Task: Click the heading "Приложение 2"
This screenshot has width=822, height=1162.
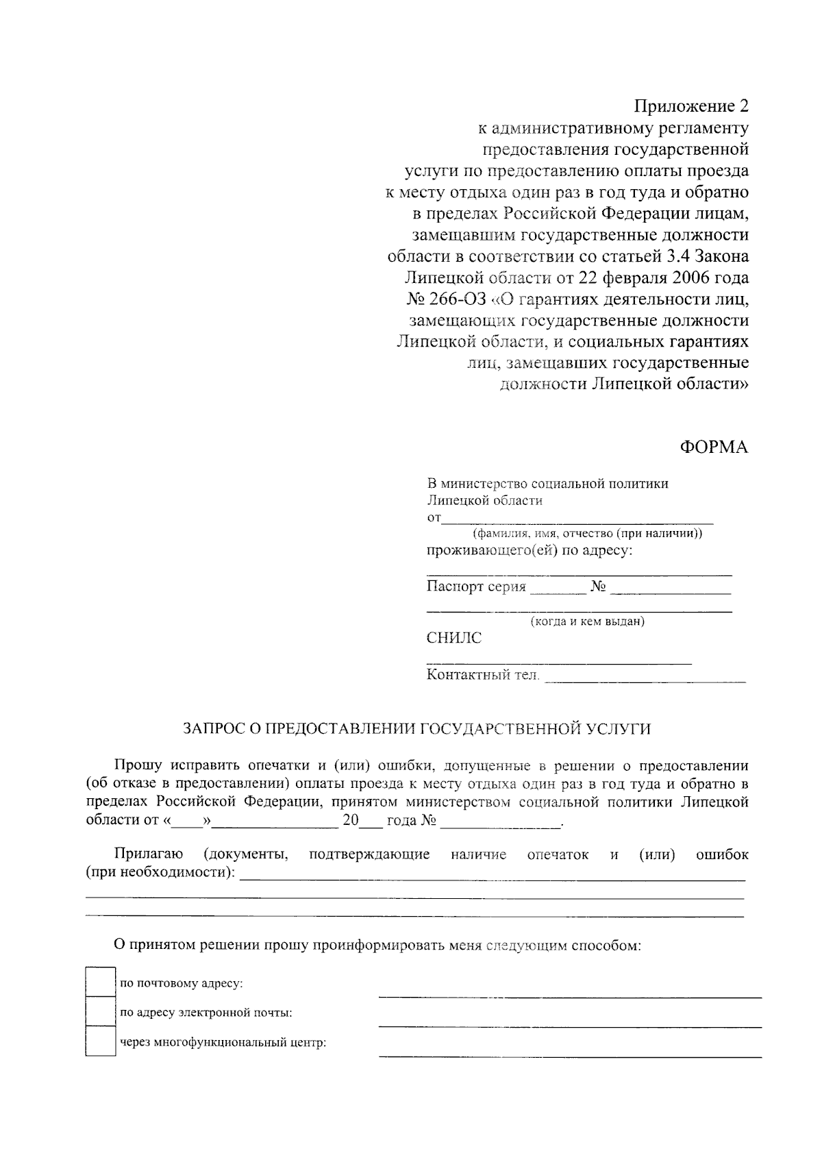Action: click(x=691, y=107)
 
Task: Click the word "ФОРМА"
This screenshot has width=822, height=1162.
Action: click(x=714, y=447)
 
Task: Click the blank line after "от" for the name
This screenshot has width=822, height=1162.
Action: click(x=577, y=519)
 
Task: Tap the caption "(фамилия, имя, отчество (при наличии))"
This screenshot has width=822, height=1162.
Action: click(x=587, y=534)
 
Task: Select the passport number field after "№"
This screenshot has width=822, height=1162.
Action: click(x=670, y=589)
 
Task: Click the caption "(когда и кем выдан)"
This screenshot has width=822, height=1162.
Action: click(x=587, y=622)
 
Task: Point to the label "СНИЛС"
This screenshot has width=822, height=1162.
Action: click(x=453, y=639)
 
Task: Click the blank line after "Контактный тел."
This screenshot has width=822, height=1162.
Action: click(x=645, y=678)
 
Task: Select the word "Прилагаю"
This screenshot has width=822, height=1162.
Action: click(x=148, y=854)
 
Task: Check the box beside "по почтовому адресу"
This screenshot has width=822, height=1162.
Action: click(x=100, y=982)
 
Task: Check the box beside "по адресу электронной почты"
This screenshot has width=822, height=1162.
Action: click(x=100, y=1011)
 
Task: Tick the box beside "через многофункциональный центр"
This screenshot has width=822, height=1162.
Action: click(x=100, y=1041)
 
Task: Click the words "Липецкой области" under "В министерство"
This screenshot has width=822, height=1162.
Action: click(x=484, y=501)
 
